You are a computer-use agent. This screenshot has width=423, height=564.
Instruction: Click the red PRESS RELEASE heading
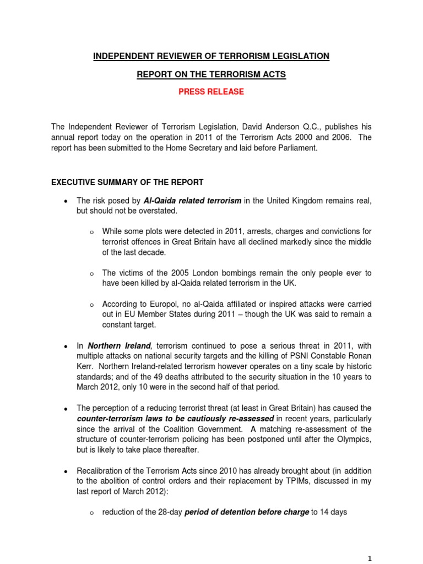click(x=211, y=92)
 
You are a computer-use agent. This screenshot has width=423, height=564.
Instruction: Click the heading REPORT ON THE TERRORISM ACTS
click(x=211, y=74)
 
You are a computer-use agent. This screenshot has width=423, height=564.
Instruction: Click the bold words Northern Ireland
click(x=117, y=346)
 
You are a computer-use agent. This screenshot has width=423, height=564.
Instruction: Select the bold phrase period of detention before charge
click(x=247, y=512)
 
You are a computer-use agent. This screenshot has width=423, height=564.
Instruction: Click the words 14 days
click(x=334, y=512)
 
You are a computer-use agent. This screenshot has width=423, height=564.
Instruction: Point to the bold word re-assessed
click(x=246, y=418)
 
